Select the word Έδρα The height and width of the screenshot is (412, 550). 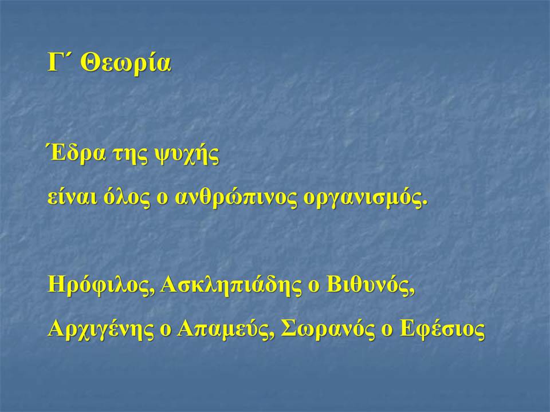pyautogui.click(x=76, y=153)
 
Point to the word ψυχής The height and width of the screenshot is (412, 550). pyautogui.click(x=186, y=155)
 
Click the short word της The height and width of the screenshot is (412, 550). pyautogui.click(x=129, y=156)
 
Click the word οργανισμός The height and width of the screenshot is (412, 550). pyautogui.click(x=363, y=200)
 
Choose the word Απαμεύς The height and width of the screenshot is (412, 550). pyautogui.click(x=223, y=330)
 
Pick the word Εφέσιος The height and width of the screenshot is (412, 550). pyautogui.click(x=443, y=330)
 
